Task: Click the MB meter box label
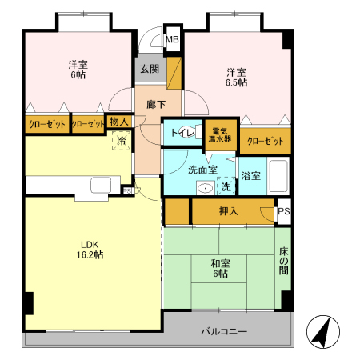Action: (x=172, y=40)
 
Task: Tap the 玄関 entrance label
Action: (x=150, y=69)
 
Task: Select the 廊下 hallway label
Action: (x=156, y=105)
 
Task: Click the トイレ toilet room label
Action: (x=182, y=133)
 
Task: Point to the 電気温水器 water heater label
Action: (x=220, y=135)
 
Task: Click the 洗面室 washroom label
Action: (x=202, y=170)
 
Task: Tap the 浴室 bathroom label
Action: (x=250, y=176)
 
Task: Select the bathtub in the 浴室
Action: (x=278, y=176)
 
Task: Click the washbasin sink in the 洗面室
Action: (x=206, y=188)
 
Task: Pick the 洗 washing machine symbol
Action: (x=226, y=186)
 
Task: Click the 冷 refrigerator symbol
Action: (x=122, y=140)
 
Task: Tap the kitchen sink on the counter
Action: (x=101, y=185)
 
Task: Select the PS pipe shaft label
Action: (x=284, y=211)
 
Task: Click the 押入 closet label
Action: (x=228, y=211)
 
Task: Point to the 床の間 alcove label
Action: (x=284, y=261)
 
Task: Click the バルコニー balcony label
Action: (x=224, y=332)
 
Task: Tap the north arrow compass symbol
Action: (x=323, y=331)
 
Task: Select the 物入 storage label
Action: (x=118, y=122)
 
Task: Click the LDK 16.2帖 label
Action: (x=90, y=250)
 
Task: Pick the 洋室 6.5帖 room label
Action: (x=236, y=77)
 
